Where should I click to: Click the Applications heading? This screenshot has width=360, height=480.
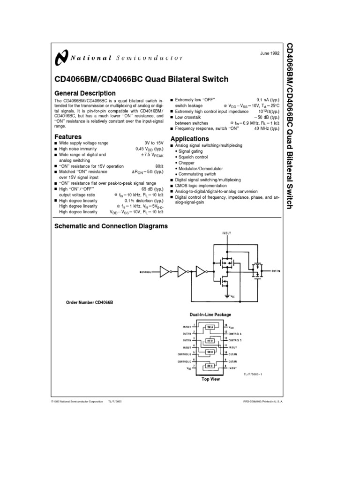pyautogui.click(x=189, y=139)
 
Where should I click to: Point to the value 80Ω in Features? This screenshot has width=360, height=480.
pyautogui.click(x=159, y=166)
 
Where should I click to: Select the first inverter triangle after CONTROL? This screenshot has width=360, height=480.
pyautogui.click(x=165, y=271)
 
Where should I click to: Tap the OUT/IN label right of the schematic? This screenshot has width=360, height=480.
pyautogui.click(x=276, y=271)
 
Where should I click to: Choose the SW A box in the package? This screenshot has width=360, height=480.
pyautogui.click(x=210, y=327)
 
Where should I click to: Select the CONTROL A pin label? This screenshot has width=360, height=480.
pyautogui.click(x=236, y=332)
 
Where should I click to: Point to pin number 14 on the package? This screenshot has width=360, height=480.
pyautogui.click(x=226, y=324)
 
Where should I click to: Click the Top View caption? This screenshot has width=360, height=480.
pyautogui.click(x=210, y=379)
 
